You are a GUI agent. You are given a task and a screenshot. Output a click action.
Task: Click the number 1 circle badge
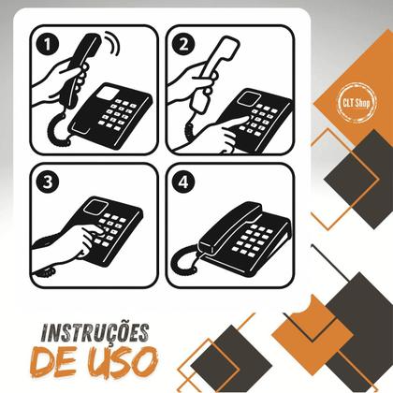pos(47,44)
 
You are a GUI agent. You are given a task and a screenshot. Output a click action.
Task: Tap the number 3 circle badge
pos(47,182)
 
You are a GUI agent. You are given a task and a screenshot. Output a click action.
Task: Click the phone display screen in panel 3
pos(97,208)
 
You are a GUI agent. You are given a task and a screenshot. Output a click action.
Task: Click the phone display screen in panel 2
pos(248,96)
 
